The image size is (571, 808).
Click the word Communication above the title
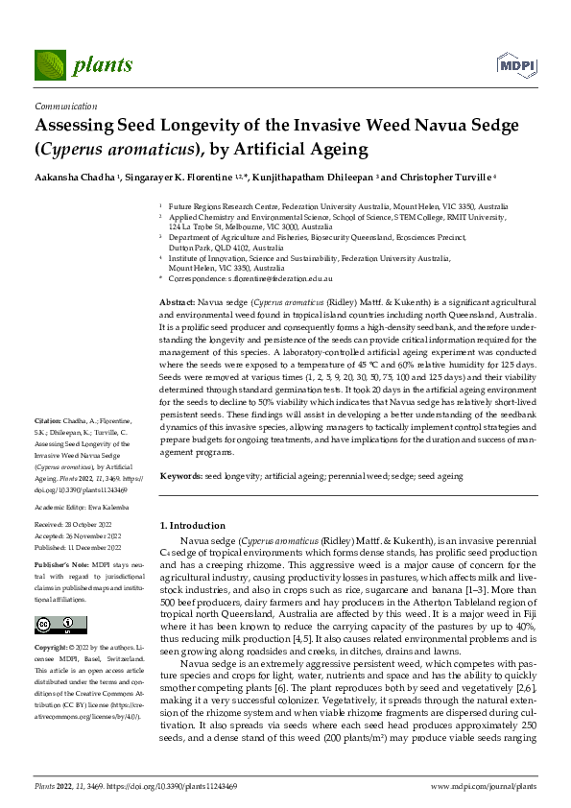click(x=65, y=107)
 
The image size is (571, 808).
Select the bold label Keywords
click(x=181, y=476)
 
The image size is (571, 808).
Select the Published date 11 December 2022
click(x=78, y=544)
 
